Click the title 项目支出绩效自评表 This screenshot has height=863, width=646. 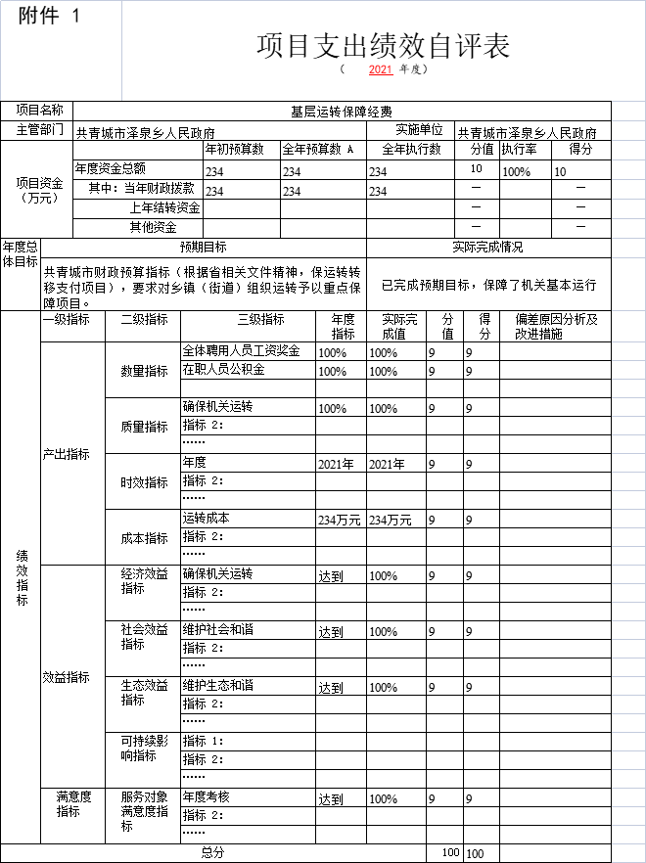point(383,46)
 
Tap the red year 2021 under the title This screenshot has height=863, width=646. point(381,70)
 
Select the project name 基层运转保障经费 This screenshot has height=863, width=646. point(342,112)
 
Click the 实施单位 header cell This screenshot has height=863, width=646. point(419,130)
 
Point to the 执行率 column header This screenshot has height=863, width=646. point(519,150)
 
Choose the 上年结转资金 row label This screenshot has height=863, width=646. point(164,207)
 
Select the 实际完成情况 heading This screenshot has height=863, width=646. point(487,248)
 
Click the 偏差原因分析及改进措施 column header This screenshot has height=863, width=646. point(555,327)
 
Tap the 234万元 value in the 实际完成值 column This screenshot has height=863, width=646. point(390,520)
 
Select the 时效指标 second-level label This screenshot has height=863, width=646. point(144,482)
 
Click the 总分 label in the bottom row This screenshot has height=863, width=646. point(212,852)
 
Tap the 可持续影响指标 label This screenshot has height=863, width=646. point(138,749)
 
